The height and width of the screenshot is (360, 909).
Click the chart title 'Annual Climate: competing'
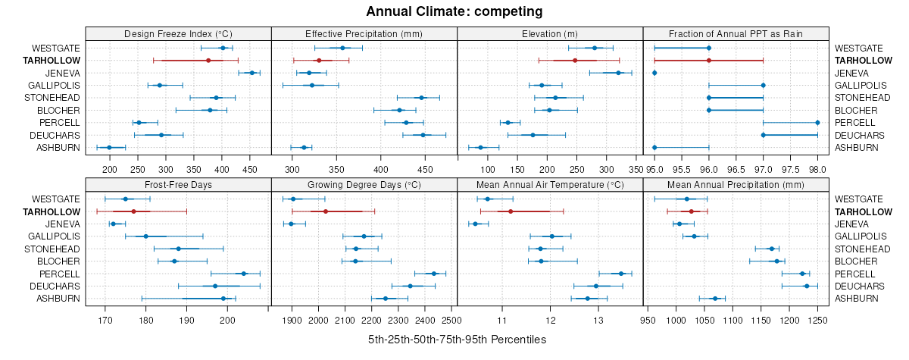pyautogui.click(x=454, y=11)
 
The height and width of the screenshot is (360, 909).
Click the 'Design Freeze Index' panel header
pyautogui.click(x=178, y=33)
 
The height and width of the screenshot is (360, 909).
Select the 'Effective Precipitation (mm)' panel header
pyautogui.click(x=364, y=33)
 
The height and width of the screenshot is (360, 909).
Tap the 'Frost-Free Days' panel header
pyautogui.click(x=178, y=184)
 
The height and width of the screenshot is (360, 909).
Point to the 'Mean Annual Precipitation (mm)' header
pyautogui.click(x=736, y=184)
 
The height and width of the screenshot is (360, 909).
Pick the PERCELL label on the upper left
pyautogui.click(x=58, y=123)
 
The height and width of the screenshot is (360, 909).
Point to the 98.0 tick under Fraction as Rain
pyautogui.click(x=817, y=169)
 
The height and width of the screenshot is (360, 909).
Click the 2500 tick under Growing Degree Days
pyautogui.click(x=451, y=320)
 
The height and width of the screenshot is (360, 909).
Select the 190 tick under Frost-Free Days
pyautogui.click(x=186, y=320)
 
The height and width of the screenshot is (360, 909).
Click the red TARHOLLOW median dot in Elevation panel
pyautogui.click(x=575, y=60)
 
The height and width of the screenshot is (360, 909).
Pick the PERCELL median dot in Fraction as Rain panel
pyautogui.click(x=817, y=122)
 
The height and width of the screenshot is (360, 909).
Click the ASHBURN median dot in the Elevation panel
pyautogui.click(x=480, y=147)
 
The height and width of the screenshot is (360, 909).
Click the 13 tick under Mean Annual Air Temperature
pyautogui.click(x=598, y=320)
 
